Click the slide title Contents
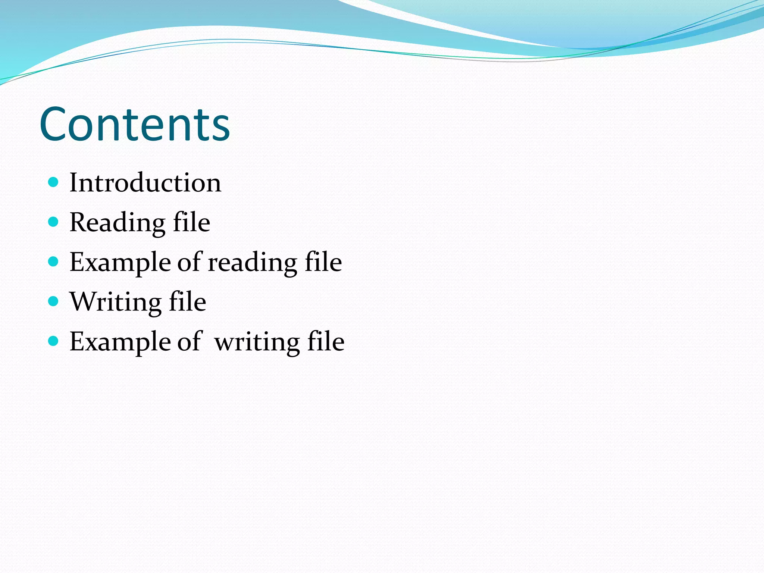click(134, 124)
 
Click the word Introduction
click(145, 183)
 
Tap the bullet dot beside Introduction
click(54, 182)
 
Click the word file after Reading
click(191, 222)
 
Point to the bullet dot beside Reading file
click(54, 222)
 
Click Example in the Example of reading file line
click(120, 262)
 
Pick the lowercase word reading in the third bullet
click(252, 262)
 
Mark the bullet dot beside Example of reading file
click(54, 262)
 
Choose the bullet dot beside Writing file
click(54, 301)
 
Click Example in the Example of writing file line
click(120, 342)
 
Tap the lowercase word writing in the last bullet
click(257, 342)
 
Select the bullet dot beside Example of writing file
click(54, 341)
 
